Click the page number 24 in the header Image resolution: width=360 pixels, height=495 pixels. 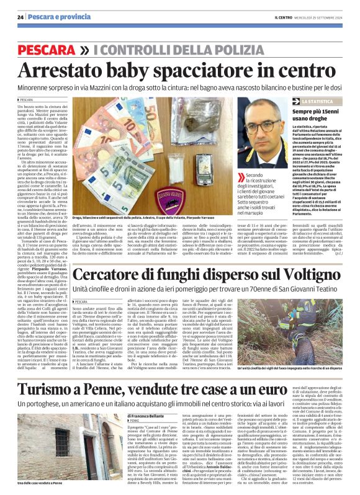[20, 17]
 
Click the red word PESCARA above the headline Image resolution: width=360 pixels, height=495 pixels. [42, 48]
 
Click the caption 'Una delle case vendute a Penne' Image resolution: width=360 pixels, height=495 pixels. [43, 484]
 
